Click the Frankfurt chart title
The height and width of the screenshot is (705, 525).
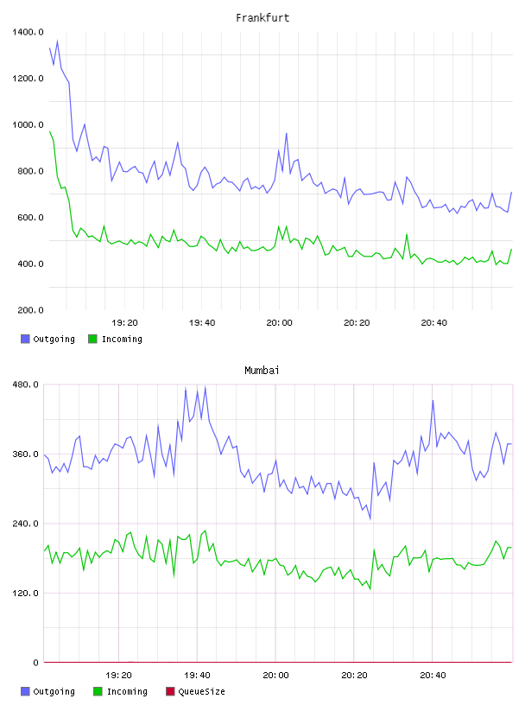(262, 18)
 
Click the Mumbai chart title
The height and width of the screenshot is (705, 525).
(262, 371)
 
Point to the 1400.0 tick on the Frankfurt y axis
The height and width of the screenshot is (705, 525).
(28, 32)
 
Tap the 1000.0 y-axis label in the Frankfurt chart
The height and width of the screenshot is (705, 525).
(28, 125)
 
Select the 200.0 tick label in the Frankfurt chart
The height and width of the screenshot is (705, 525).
(30, 310)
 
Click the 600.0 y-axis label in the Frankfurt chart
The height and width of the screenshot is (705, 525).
(30, 218)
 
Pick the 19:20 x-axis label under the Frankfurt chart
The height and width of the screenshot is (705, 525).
(124, 323)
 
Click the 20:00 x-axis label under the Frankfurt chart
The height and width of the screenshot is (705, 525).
(279, 323)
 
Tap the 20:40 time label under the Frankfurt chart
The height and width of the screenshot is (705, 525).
(433, 323)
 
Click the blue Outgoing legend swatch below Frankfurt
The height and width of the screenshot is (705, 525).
(25, 339)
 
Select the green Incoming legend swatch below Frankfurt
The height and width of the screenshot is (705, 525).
(92, 339)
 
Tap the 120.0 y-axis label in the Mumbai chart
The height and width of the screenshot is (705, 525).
(25, 593)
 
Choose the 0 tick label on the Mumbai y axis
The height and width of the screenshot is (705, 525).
(35, 663)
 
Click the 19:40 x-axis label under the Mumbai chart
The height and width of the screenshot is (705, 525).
(197, 676)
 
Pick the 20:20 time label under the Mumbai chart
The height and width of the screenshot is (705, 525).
(354, 676)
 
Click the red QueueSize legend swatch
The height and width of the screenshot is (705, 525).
(170, 691)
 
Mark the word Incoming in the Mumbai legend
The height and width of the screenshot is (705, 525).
(127, 692)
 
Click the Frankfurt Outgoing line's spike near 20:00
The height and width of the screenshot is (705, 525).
(287, 134)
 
